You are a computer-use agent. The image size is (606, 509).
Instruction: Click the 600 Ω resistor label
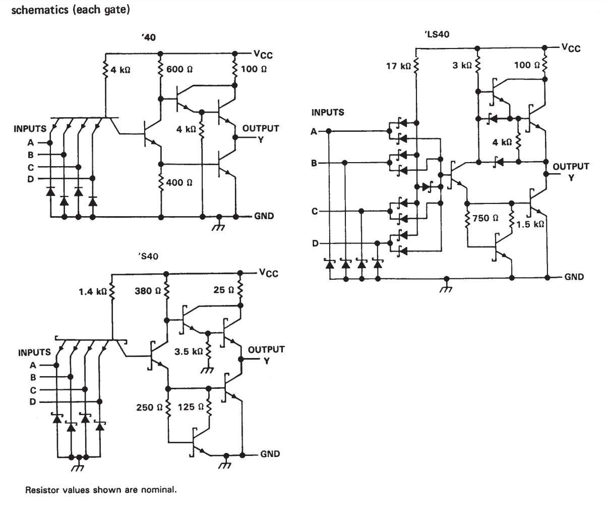pos(179,69)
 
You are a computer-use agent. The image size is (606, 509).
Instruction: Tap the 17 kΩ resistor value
pos(398,66)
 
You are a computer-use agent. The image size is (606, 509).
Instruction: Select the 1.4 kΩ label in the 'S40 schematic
pos(93,291)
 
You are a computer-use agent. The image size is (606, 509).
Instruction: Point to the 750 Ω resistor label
pos(486,218)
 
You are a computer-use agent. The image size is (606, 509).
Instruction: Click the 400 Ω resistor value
pos(179,183)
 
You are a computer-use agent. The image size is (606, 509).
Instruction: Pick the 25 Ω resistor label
pos(223,290)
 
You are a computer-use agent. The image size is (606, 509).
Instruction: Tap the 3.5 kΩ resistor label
pos(189,352)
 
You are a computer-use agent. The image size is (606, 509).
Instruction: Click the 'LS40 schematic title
pos(437,34)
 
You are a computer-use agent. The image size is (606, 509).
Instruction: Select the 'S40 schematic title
pos(148,257)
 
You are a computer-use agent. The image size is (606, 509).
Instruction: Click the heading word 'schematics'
pos(40,10)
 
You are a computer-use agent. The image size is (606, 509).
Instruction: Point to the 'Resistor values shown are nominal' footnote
pos(101,490)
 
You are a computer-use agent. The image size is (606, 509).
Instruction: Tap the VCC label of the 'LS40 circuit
pos(571,48)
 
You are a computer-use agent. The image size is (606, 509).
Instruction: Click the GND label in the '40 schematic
pos(264,216)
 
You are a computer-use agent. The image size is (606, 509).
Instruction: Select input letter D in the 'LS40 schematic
pos(315,243)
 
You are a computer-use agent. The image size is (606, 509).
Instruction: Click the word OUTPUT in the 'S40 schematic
pos(266,349)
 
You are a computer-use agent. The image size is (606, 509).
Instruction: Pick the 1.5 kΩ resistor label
pos(530,224)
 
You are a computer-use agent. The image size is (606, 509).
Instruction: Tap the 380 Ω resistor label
pos(148,291)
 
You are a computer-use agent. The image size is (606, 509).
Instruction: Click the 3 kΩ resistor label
pos(462,66)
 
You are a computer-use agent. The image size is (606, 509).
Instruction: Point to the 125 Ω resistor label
pos(191,407)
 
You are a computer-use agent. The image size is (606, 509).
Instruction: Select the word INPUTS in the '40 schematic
pos(30,129)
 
